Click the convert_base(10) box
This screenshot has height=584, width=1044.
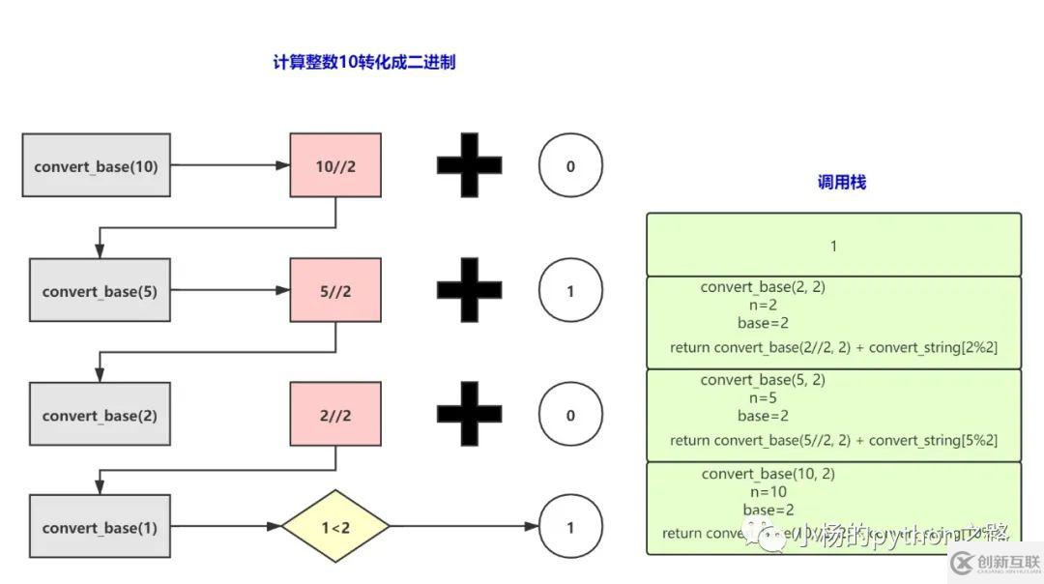pos(97,165)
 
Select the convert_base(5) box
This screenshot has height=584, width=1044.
pos(100,290)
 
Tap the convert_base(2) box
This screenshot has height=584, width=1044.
pos(100,415)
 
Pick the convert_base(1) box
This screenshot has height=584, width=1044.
pos(100,527)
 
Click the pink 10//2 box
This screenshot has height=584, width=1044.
pos(335,165)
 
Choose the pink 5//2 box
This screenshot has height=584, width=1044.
pos(335,290)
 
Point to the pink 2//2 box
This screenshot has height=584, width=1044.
pos(335,415)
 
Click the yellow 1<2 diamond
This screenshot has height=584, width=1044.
pos(335,527)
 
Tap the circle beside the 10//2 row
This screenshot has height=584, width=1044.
pos(570,165)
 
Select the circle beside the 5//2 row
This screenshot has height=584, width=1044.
pos(570,290)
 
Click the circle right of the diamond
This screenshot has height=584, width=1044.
pos(570,527)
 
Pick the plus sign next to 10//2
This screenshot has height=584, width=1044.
pos(470,165)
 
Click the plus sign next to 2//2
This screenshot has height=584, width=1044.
pos(470,415)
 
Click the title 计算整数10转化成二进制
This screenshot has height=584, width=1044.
pos(364,63)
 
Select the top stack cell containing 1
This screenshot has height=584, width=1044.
pos(833,246)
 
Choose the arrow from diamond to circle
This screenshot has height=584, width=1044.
pos(464,527)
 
